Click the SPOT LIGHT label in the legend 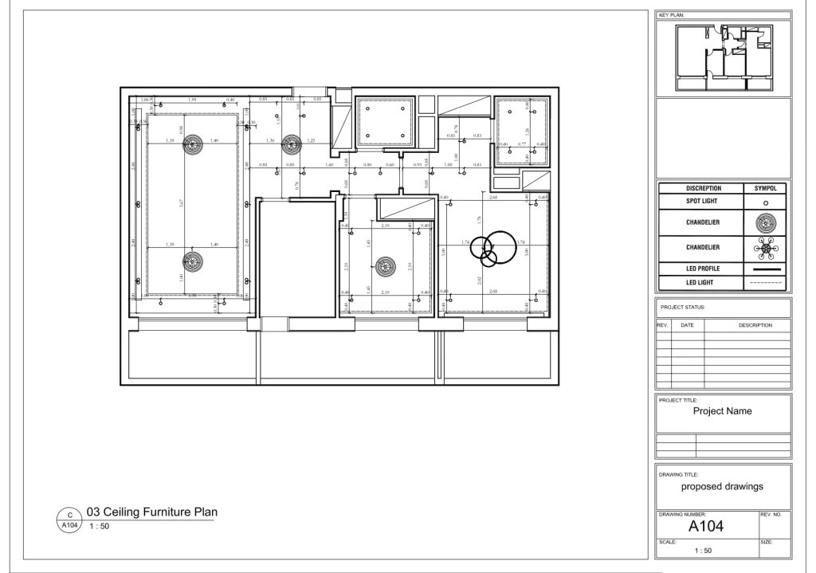coord(702,202)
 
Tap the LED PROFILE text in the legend coord(702,269)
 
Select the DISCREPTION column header coord(702,189)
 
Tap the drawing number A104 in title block coord(706,527)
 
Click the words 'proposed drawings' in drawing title coord(722,486)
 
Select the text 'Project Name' coord(722,411)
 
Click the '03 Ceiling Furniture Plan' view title coord(151,512)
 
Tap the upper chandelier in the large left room coord(192,144)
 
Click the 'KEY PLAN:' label coord(672,15)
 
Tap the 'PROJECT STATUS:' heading coord(684,307)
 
